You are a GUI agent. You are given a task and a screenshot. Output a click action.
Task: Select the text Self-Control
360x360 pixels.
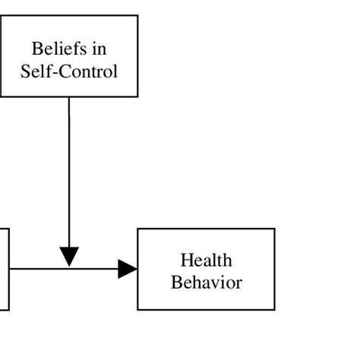click(69, 72)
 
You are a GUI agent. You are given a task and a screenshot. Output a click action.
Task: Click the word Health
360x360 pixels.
click(206, 261)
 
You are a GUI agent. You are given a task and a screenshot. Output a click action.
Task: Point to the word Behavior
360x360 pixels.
click(206, 283)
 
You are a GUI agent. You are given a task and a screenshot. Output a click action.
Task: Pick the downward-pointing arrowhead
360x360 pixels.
click(69, 257)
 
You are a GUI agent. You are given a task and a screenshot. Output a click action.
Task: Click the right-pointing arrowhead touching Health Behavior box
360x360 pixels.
click(127, 269)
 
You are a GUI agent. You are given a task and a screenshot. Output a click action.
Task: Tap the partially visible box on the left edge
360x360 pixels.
click(4, 269)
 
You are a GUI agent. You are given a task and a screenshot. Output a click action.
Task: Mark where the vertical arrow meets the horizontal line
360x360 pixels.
click(69, 269)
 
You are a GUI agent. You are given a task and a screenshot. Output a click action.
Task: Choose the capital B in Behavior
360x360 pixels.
click(176, 283)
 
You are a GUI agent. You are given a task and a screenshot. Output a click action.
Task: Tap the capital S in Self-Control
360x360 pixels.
click(25, 72)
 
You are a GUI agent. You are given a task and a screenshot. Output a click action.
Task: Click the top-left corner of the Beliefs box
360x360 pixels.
click(1, 15)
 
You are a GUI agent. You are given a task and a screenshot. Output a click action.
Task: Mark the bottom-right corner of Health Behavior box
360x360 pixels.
click(274, 310)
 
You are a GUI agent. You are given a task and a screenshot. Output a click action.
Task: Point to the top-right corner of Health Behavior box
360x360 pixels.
click(274, 229)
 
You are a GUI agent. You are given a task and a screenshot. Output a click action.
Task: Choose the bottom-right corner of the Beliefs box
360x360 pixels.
click(137, 96)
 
